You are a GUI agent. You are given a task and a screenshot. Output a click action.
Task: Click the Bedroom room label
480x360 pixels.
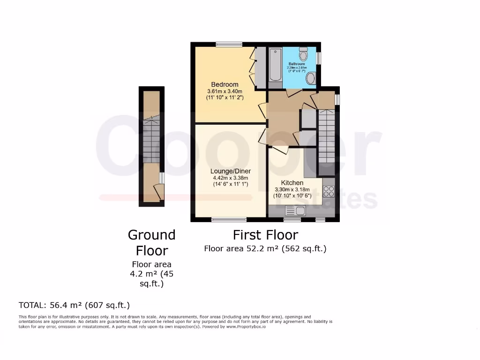225,84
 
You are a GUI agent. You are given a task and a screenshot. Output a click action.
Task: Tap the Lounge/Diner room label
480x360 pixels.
230,171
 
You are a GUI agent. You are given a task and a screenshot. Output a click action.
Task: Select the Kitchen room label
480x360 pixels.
292,182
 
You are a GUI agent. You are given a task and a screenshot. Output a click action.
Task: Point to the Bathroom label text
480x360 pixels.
297,64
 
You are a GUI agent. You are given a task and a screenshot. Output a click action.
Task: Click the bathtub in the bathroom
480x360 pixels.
275,65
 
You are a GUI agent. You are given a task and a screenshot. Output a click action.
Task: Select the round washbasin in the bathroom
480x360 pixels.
310,78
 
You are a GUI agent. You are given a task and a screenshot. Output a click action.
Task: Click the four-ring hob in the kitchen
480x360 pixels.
329,191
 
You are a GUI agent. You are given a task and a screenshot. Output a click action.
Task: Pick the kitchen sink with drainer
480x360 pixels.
295,210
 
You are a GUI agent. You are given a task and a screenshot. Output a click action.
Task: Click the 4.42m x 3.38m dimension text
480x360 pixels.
230,178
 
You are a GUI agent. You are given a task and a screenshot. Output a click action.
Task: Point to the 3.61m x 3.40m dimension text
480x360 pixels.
225,91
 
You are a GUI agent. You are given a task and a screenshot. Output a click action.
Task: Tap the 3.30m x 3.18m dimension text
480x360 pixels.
292,189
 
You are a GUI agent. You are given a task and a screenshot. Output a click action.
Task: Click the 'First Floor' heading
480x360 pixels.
265,234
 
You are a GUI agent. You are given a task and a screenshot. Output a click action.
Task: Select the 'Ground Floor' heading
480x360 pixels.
152,242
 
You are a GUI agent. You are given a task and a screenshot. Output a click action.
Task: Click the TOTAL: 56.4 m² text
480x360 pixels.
74,305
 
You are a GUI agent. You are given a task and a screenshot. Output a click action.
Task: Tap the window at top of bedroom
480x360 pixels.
229,45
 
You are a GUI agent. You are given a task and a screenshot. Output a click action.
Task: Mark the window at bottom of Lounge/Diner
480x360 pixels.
229,219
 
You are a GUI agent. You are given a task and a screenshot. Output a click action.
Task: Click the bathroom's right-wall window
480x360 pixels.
319,57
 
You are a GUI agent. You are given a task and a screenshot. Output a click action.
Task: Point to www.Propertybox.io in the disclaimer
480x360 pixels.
247,326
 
